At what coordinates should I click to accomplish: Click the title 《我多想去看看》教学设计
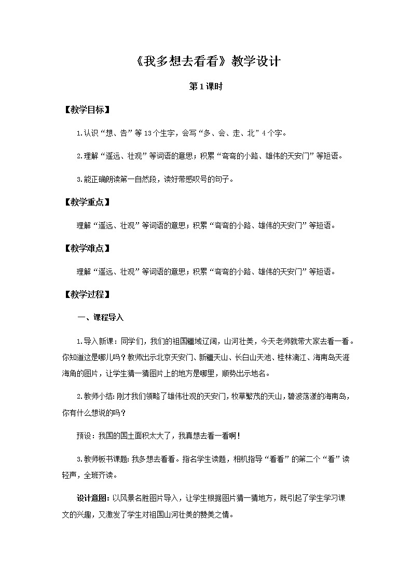point(206,61)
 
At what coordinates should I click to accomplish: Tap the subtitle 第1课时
point(206,87)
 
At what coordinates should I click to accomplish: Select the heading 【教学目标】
point(86,110)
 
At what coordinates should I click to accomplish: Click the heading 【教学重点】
point(86,202)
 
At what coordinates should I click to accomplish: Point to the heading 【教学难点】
point(86,248)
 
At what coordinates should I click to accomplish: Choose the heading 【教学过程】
point(86,294)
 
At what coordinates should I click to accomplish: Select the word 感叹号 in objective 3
point(200,180)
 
